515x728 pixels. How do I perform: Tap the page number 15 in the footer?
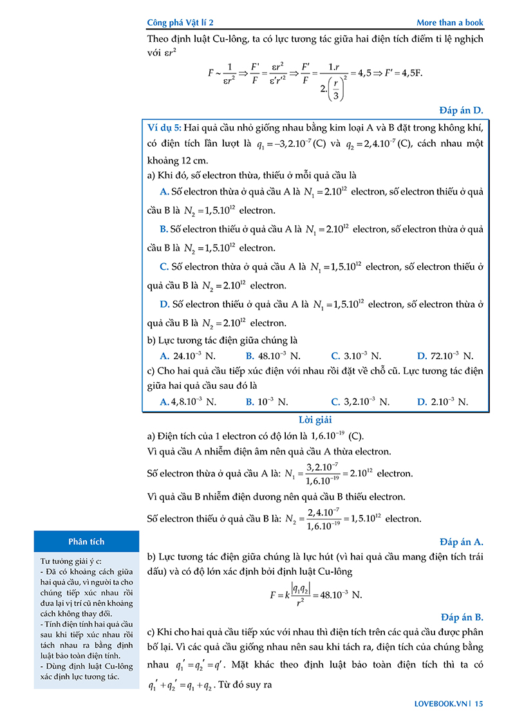[x=479, y=704]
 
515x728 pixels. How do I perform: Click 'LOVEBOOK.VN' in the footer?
[x=439, y=704]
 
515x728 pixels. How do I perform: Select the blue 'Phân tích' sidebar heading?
[x=86, y=541]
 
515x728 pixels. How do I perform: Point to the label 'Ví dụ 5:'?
[x=164, y=128]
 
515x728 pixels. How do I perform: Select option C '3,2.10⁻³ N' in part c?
[x=360, y=402]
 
